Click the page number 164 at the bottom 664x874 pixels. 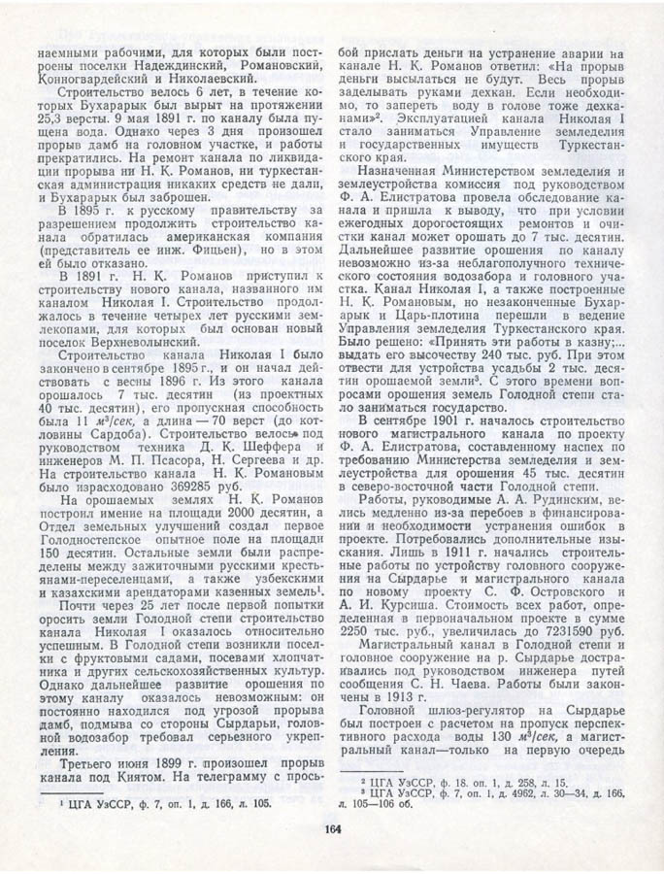(332, 828)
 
